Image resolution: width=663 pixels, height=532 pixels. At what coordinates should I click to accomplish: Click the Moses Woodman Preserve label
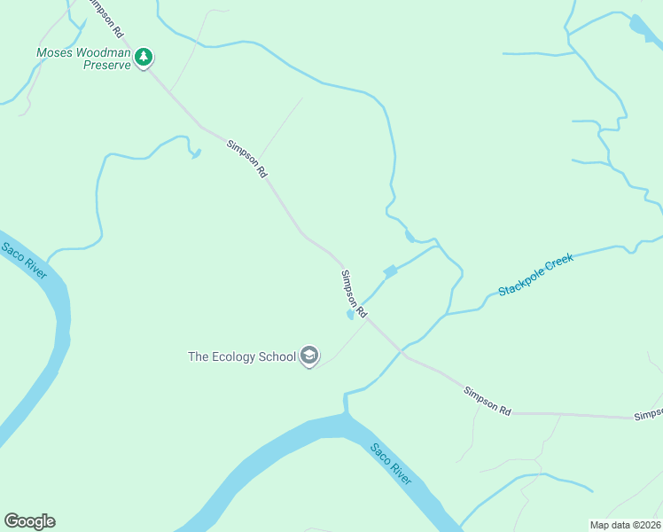tap(82, 59)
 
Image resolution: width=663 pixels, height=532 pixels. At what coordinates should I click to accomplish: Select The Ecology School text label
tap(242, 356)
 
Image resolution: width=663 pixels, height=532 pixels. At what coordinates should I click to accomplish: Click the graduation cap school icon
tap(309, 356)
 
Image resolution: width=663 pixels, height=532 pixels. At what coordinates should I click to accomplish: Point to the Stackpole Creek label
tap(535, 275)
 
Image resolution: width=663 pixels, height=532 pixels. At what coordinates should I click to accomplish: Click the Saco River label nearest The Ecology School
tap(391, 463)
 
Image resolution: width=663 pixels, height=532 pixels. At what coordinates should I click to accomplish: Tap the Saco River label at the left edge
tap(24, 261)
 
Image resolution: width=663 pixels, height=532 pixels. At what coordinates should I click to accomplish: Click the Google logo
tap(29, 521)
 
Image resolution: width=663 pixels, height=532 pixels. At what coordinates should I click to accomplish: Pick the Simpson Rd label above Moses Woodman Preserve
tap(105, 19)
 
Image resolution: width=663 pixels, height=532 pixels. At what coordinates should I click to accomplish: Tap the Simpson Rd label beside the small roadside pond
tap(355, 293)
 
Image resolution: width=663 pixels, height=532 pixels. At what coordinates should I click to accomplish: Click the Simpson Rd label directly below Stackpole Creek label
tap(487, 401)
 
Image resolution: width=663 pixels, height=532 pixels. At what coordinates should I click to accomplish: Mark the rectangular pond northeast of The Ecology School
tap(390, 270)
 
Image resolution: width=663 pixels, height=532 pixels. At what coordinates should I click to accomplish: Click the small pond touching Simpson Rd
tap(351, 315)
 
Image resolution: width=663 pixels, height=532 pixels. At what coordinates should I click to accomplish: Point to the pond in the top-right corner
tap(640, 27)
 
